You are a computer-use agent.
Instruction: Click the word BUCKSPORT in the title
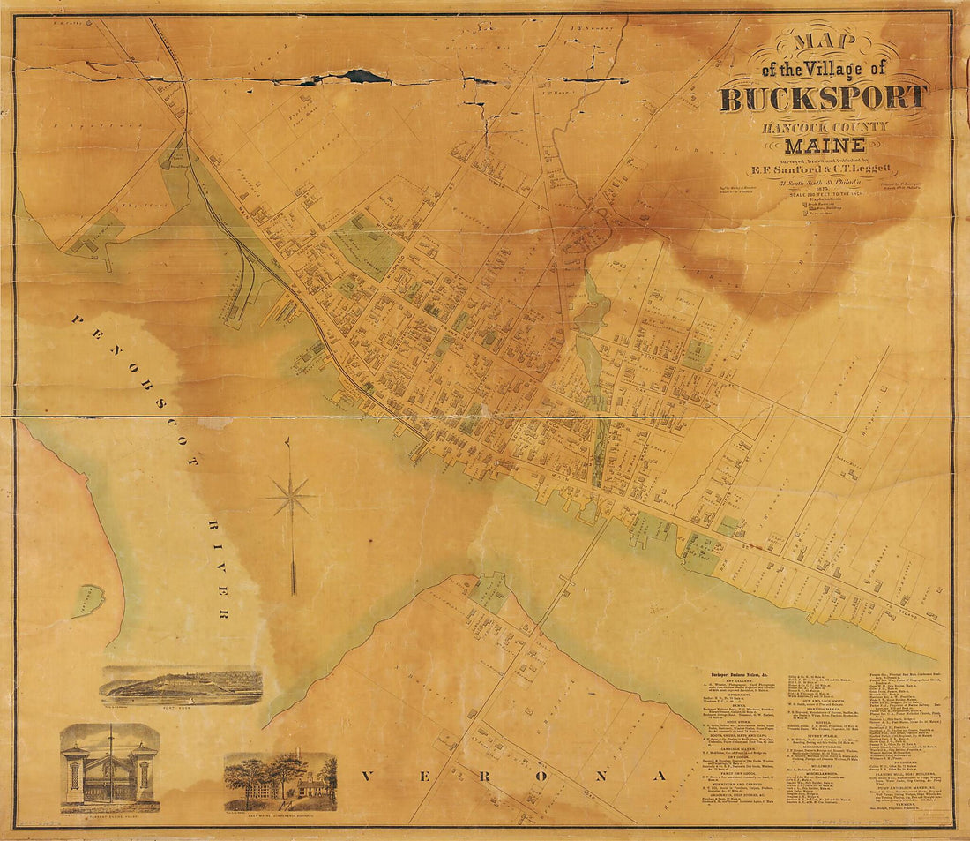(824, 96)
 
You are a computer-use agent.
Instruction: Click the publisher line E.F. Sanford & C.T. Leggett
(824, 169)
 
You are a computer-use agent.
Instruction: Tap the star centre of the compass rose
(291, 497)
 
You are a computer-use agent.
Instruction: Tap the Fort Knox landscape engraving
(182, 686)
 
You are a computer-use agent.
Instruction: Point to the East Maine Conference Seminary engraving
(280, 781)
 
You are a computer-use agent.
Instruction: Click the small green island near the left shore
(88, 600)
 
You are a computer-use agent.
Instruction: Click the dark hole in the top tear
(366, 77)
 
